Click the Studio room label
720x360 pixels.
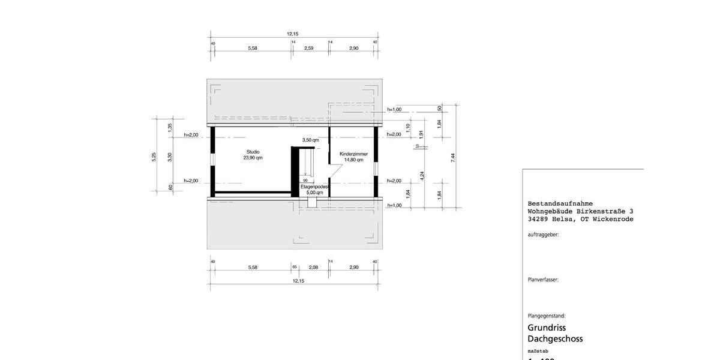253,152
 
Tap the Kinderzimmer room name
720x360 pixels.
353,154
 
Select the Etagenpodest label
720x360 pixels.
314,187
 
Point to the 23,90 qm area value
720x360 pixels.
253,158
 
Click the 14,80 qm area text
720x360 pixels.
353,160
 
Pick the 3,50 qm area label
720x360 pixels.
310,140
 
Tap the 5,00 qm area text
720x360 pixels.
314,193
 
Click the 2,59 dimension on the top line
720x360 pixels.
309,48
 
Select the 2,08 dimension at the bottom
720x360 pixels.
313,267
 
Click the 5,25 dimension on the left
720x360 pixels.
154,156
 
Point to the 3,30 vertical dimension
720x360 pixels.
170,156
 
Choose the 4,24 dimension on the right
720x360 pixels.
422,175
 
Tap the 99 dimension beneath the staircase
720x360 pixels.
305,181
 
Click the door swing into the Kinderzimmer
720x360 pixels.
336,174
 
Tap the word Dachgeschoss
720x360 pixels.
555,339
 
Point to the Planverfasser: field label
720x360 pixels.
543,280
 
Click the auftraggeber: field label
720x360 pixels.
543,235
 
